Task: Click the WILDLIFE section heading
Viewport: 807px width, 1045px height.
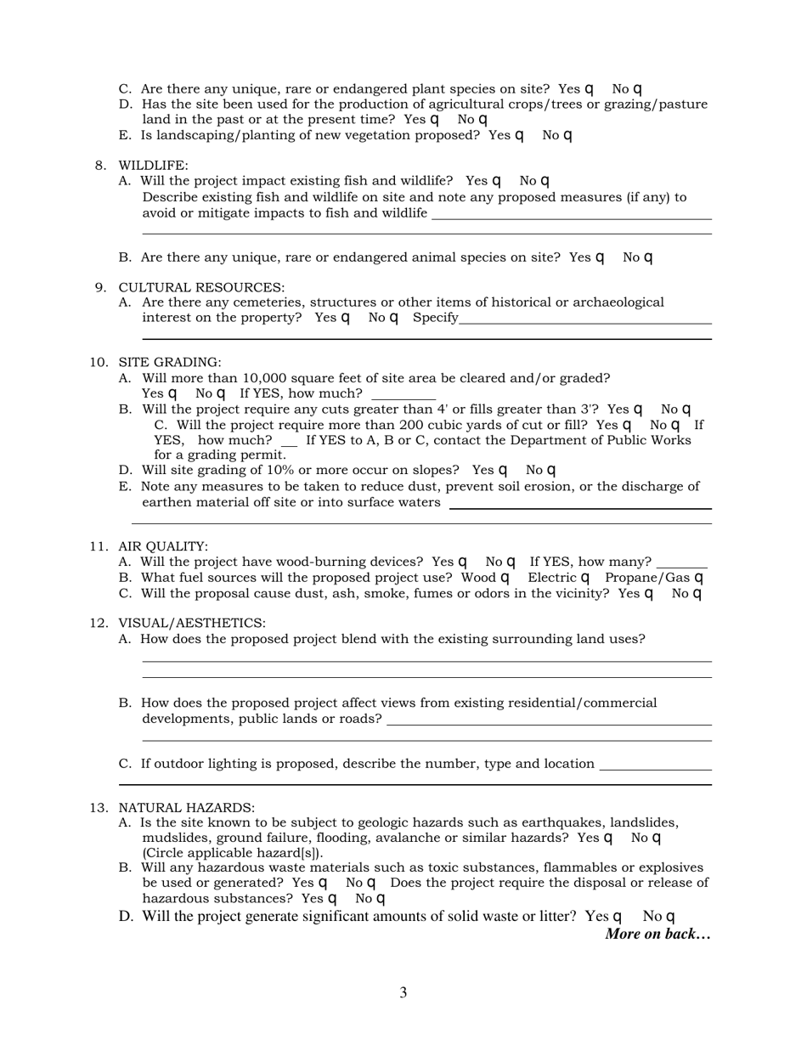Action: [153, 166]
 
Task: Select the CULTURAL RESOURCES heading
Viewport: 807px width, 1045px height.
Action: [201, 287]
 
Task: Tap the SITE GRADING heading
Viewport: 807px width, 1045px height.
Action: [170, 363]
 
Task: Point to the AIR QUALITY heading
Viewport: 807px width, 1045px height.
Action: [163, 546]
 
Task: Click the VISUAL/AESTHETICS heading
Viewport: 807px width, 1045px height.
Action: [191, 624]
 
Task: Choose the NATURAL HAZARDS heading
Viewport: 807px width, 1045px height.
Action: [186, 808]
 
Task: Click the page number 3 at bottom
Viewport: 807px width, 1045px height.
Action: [403, 992]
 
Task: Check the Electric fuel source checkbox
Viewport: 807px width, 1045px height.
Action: [584, 578]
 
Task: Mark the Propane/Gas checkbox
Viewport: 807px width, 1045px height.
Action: [699, 578]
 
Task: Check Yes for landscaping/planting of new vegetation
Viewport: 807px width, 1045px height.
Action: [519, 135]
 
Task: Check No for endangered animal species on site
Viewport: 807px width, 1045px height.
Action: [648, 257]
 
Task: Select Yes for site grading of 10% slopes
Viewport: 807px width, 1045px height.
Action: [503, 470]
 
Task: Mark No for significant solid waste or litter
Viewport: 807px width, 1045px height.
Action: [670, 917]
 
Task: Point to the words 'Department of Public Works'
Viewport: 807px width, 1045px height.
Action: [603, 440]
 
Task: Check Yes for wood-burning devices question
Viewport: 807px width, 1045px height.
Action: [463, 562]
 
